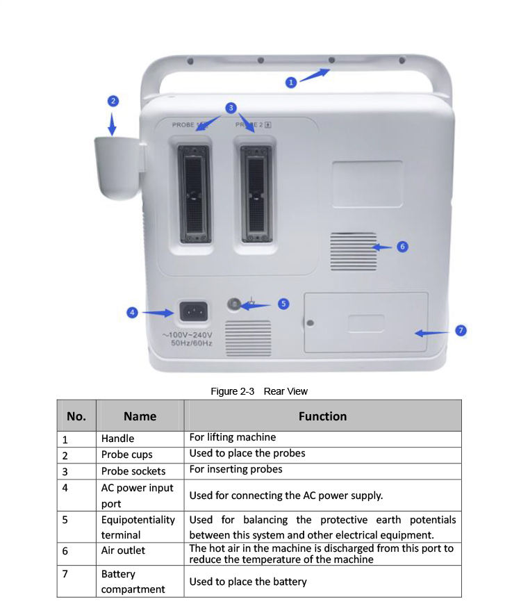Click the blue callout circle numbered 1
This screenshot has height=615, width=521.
click(292, 82)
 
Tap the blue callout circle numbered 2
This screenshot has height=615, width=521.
click(113, 101)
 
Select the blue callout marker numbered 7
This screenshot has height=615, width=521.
click(461, 330)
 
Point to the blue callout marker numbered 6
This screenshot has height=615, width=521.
click(402, 247)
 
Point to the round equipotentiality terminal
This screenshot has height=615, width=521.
click(235, 304)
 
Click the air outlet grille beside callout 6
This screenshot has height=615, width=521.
click(354, 251)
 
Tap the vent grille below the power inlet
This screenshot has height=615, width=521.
click(248, 338)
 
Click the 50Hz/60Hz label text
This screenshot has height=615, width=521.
click(192, 343)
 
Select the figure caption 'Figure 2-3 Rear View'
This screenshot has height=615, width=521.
click(259, 391)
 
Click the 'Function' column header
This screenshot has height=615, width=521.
click(322, 416)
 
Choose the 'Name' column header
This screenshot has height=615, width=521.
click(140, 416)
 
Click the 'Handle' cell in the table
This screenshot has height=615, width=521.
click(118, 438)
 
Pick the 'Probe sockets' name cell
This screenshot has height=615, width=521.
click(133, 471)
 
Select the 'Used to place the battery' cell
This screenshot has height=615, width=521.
click(248, 582)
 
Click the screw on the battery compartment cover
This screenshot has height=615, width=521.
click(310, 323)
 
